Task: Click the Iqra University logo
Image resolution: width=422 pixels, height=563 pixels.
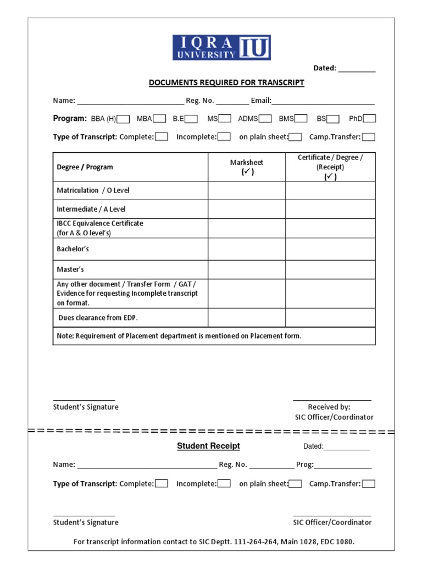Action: [x=221, y=48]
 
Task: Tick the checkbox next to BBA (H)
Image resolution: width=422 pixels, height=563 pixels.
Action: [x=124, y=119]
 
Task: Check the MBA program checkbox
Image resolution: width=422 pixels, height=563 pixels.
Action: [x=159, y=119]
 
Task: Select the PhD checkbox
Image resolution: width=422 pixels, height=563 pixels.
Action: [x=370, y=119]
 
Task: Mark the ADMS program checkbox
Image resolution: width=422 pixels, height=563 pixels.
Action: [x=265, y=119]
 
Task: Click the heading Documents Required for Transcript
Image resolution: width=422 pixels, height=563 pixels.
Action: [x=226, y=83]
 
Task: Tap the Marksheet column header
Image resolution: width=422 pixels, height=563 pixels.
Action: [x=246, y=167]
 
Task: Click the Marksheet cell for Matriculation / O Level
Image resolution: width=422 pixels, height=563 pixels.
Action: [x=246, y=190]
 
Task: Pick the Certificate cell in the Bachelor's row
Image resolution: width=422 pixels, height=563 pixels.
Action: [x=330, y=249]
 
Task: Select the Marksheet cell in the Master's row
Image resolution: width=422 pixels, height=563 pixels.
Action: [x=246, y=269]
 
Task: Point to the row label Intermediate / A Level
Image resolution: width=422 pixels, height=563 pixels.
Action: [x=91, y=209]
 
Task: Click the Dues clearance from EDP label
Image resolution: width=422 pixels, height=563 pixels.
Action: [x=98, y=318]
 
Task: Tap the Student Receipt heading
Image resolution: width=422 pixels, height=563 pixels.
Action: [x=208, y=446]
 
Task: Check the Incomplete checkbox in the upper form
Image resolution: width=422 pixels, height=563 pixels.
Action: [x=224, y=137]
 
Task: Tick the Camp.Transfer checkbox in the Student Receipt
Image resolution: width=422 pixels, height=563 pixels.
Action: [x=369, y=484]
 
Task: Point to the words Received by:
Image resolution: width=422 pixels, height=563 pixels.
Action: [x=329, y=407]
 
